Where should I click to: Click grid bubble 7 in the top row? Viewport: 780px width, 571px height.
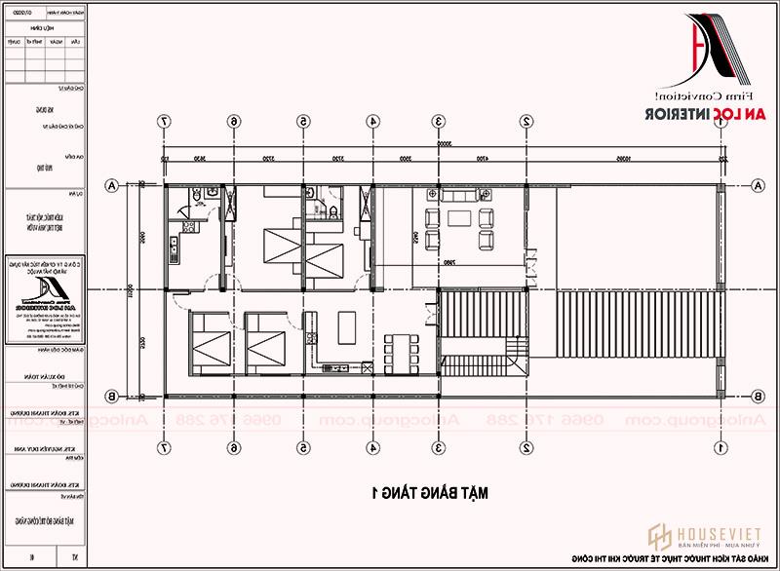165,122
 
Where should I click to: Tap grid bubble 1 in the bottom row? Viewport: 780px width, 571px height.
720,449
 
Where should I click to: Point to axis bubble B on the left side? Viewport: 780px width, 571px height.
114,396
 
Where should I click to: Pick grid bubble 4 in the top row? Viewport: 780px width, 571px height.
372,122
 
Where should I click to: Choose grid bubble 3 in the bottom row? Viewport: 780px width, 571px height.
440,449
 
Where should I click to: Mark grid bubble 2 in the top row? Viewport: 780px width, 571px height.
526,122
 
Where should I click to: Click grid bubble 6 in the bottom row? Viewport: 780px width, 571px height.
233,449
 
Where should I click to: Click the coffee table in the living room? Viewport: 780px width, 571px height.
459,218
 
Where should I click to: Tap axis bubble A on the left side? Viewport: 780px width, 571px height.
114,185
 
